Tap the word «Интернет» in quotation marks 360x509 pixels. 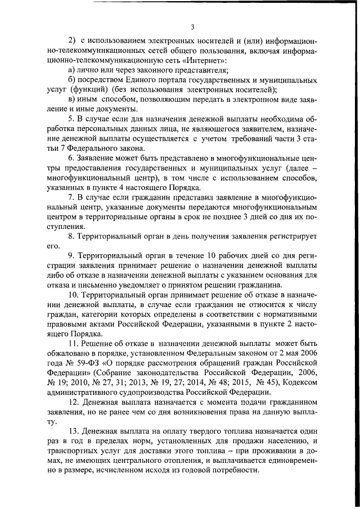(x=206, y=60)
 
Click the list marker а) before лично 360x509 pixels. (x=71, y=70)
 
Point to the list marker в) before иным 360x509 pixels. (x=71, y=99)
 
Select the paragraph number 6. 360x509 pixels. (x=70, y=157)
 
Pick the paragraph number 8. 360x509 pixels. (x=70, y=236)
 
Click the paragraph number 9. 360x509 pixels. (x=70, y=255)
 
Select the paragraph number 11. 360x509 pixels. (x=72, y=343)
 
